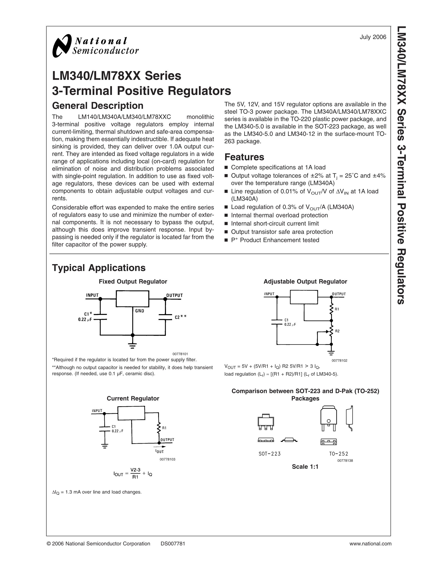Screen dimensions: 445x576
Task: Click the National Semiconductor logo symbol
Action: coord(62,46)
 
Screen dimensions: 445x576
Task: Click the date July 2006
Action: coord(373,37)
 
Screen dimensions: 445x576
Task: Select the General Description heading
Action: coord(98,106)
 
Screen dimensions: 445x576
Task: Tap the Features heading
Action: coord(244,157)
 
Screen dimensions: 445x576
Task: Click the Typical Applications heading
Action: coord(99,268)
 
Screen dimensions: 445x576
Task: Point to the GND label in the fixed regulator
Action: coord(140,311)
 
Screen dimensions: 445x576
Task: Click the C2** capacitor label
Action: coord(181,317)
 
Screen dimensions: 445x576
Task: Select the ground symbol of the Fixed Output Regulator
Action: coord(133,345)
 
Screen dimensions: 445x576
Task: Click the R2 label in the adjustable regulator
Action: coord(337,331)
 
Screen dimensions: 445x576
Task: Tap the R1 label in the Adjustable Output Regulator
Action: coord(337,309)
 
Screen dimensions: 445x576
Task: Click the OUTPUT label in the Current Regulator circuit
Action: coord(167,440)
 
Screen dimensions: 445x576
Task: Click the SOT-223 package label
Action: coord(270,454)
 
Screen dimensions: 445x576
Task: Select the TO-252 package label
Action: coord(339,454)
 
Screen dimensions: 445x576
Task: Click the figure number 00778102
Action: coord(340,360)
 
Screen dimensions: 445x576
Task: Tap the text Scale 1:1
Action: coord(305,467)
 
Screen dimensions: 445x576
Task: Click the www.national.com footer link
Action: coord(370,544)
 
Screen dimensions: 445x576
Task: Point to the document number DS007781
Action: coord(173,544)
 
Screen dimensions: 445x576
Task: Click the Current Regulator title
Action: coord(133,398)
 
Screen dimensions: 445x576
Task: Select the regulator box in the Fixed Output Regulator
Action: coord(133,299)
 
